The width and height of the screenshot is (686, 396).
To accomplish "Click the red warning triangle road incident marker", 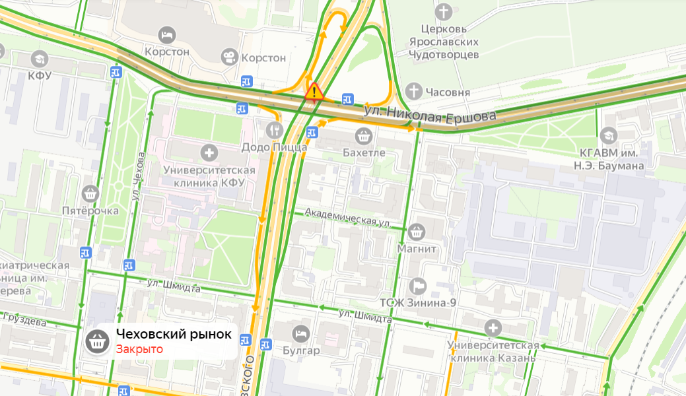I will point(314,92).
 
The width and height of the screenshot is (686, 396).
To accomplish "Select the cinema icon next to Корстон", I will point(229,57).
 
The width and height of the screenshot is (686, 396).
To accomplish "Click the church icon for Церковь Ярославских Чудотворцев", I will point(444,12).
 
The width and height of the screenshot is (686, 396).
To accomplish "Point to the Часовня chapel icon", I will point(413,92).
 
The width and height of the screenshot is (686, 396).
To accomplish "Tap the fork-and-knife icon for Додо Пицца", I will point(275,129).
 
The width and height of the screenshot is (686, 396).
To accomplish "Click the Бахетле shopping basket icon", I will point(363,136).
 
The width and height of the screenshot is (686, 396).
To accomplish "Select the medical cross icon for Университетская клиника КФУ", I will point(209,153).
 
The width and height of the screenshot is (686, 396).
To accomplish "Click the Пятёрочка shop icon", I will point(90,193).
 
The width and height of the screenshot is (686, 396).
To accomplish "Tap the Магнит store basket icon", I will point(416,232).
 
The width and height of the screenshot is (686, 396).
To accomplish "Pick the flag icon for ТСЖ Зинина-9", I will point(418,286).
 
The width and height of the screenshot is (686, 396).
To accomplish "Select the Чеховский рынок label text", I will point(174,335).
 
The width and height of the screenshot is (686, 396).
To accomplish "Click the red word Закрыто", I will point(139,349).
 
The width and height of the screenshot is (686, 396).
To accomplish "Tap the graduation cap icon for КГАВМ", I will point(608,135).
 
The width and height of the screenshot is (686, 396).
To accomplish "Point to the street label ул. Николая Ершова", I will point(430,115).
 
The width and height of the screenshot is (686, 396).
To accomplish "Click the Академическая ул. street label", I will point(347,218).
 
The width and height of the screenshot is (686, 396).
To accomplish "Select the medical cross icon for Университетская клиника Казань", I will point(493,327).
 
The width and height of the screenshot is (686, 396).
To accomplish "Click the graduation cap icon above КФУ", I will point(39,58).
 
